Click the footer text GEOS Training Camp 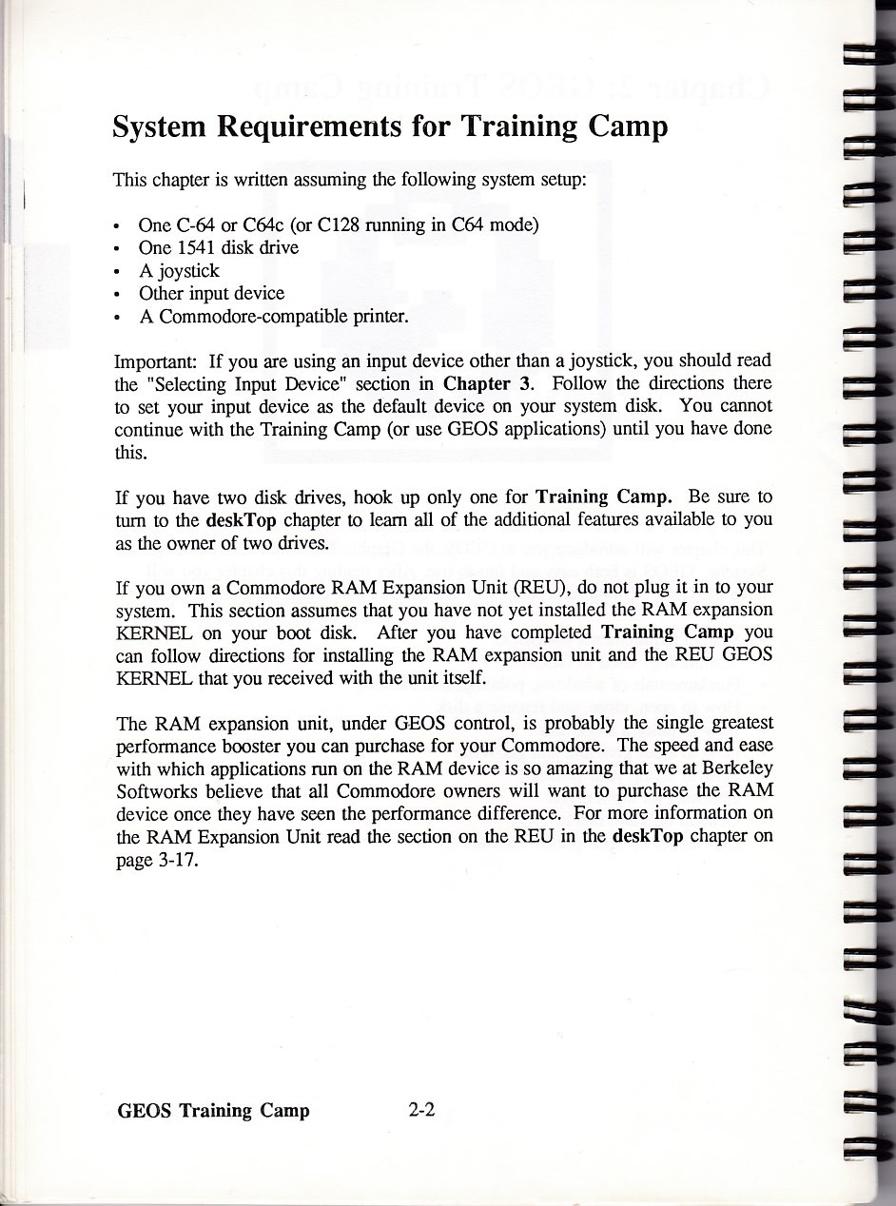pos(213,1110)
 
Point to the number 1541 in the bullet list pos(198,247)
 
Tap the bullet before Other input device pos(116,294)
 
